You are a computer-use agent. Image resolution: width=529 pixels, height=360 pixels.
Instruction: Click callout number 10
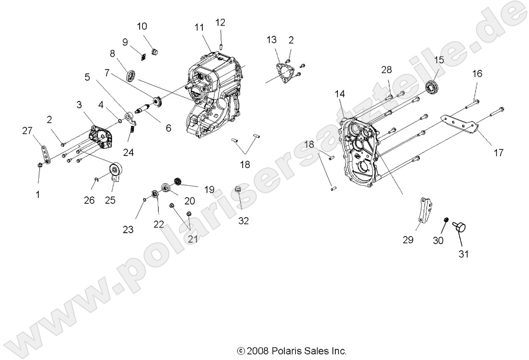pyautogui.click(x=142, y=26)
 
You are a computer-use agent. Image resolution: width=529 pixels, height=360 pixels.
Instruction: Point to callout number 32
pyautogui.click(x=244, y=220)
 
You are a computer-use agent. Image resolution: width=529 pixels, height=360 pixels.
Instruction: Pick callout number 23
pyautogui.click(x=128, y=230)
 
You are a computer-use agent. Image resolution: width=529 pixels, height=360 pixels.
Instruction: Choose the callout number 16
pyautogui.click(x=477, y=73)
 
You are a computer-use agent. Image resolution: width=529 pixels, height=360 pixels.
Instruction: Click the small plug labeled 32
pyautogui.click(x=237, y=191)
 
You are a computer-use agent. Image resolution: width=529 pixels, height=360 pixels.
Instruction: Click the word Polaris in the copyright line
pyautogui.click(x=288, y=351)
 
